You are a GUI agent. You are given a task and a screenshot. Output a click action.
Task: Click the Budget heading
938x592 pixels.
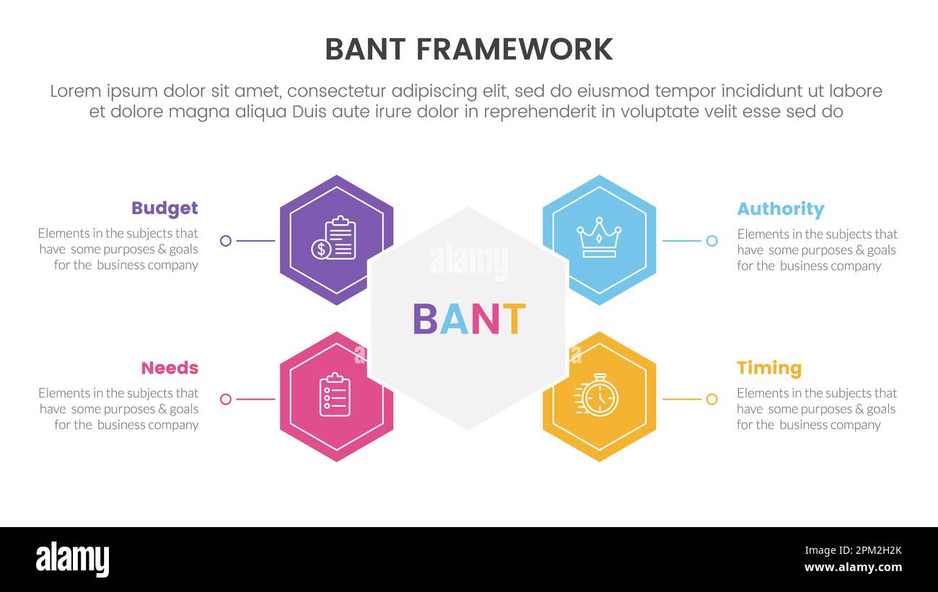tap(165, 208)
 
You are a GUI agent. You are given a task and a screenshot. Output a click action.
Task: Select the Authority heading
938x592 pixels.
tap(780, 209)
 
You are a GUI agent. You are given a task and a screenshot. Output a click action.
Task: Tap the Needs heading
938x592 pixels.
tap(170, 368)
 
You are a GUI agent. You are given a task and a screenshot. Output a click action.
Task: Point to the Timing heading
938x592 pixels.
tap(769, 368)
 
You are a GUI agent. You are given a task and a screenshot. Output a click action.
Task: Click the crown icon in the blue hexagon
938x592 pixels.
tap(599, 238)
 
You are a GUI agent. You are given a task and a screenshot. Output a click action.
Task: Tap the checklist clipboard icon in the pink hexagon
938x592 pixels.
tap(335, 394)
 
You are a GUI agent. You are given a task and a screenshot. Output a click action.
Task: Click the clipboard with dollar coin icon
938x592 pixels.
tap(334, 239)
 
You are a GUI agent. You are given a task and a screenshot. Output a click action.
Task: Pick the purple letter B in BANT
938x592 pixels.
tap(425, 319)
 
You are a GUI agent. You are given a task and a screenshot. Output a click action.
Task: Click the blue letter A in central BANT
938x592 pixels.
tap(455, 319)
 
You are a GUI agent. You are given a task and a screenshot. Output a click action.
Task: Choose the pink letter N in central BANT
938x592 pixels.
tap(485, 319)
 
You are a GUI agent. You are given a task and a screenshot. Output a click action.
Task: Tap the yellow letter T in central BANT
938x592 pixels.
tap(513, 319)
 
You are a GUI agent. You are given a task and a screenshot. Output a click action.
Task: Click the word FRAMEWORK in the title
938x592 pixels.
tap(514, 50)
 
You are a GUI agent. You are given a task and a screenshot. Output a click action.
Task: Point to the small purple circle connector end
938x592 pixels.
tap(226, 241)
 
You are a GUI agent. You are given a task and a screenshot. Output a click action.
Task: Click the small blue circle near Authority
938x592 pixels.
tap(711, 241)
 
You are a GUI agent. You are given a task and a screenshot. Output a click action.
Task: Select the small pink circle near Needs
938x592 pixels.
tap(226, 399)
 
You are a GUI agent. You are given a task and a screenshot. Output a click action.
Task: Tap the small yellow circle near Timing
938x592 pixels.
tap(711, 399)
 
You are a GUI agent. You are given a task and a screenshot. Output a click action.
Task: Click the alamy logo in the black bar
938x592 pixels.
tap(72, 560)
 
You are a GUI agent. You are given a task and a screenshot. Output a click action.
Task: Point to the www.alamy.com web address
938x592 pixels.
tap(853, 567)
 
